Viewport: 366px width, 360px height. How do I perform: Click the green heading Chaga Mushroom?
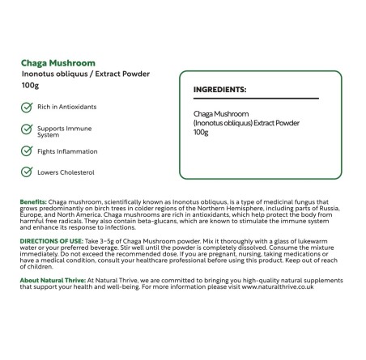pos(58,61)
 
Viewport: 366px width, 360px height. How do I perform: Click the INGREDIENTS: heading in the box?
pos(219,90)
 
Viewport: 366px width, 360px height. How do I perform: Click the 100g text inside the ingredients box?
pos(200,132)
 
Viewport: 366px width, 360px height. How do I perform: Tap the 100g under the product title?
pos(30,85)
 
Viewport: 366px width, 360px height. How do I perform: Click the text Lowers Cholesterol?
pos(66,172)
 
